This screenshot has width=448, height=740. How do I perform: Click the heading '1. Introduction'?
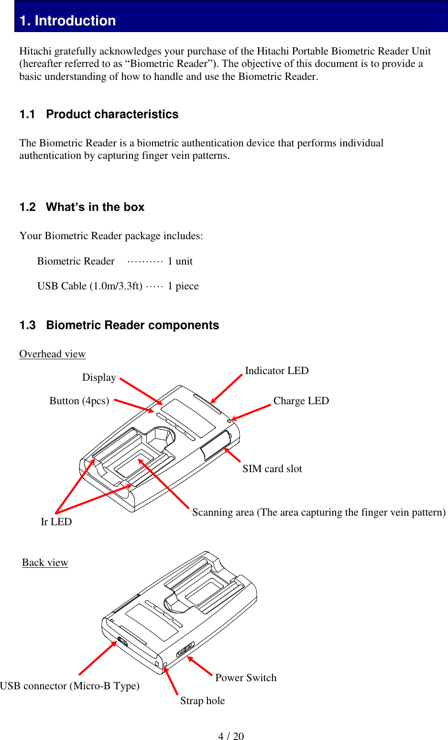[x=67, y=21]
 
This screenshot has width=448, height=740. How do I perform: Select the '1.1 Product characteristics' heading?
[x=98, y=114]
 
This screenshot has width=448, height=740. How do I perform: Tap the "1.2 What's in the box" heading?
[x=82, y=207]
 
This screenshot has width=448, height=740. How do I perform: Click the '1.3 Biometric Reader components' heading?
[x=119, y=325]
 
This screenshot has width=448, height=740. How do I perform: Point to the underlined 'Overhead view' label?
[x=52, y=354]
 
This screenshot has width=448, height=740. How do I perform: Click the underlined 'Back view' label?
[x=45, y=563]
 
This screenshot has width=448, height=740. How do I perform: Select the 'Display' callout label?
[x=99, y=377]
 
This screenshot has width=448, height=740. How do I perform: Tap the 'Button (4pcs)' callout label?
[x=79, y=401]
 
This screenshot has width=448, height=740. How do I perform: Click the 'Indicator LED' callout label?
[x=276, y=371]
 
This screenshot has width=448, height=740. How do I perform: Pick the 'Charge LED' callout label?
[x=301, y=401]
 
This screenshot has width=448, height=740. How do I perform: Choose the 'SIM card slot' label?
[x=272, y=469]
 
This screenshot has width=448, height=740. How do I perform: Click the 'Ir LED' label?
[x=56, y=522]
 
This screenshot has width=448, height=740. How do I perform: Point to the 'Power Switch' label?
[x=246, y=678]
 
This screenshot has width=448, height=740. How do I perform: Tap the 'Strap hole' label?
[x=202, y=701]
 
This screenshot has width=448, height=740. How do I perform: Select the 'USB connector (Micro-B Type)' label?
[x=70, y=686]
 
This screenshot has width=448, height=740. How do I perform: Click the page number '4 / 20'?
[x=231, y=736]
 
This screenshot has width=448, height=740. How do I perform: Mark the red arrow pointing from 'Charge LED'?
[x=251, y=412]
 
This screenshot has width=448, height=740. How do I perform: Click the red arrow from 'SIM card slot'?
[x=232, y=455]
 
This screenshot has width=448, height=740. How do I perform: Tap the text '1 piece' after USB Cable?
[x=183, y=286]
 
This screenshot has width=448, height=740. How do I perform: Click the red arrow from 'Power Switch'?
[x=199, y=666]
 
